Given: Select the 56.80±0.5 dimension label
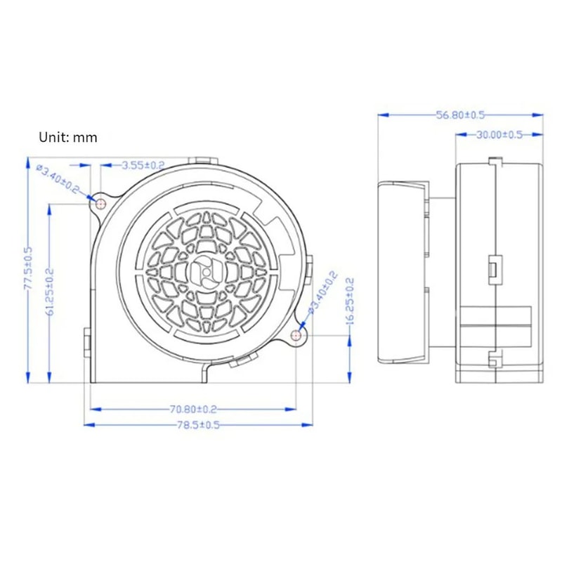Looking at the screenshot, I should [461, 115].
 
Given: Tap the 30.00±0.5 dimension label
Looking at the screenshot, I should [499, 135].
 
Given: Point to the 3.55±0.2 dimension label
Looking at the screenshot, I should [143, 165].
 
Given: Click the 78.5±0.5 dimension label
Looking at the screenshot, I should [198, 425].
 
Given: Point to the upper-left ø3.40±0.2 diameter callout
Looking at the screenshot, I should [58, 180].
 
